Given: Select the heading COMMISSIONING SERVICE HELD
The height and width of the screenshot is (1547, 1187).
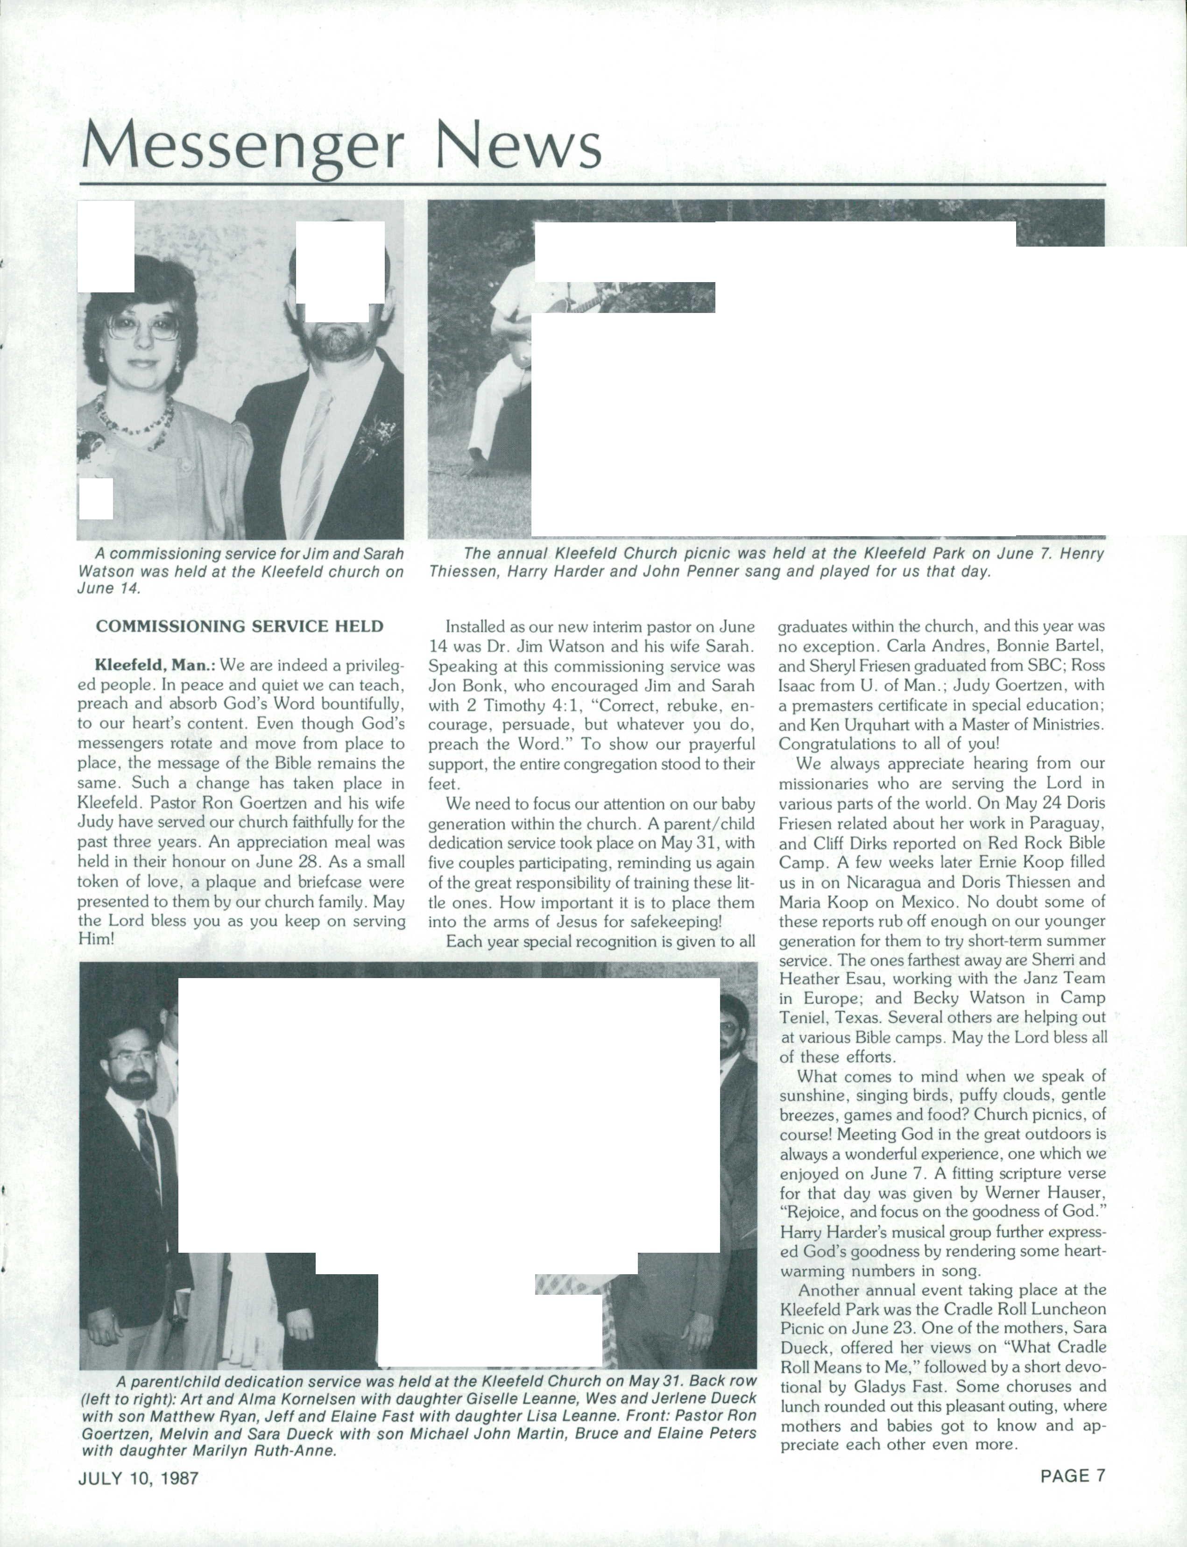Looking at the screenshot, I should click(x=240, y=626).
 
